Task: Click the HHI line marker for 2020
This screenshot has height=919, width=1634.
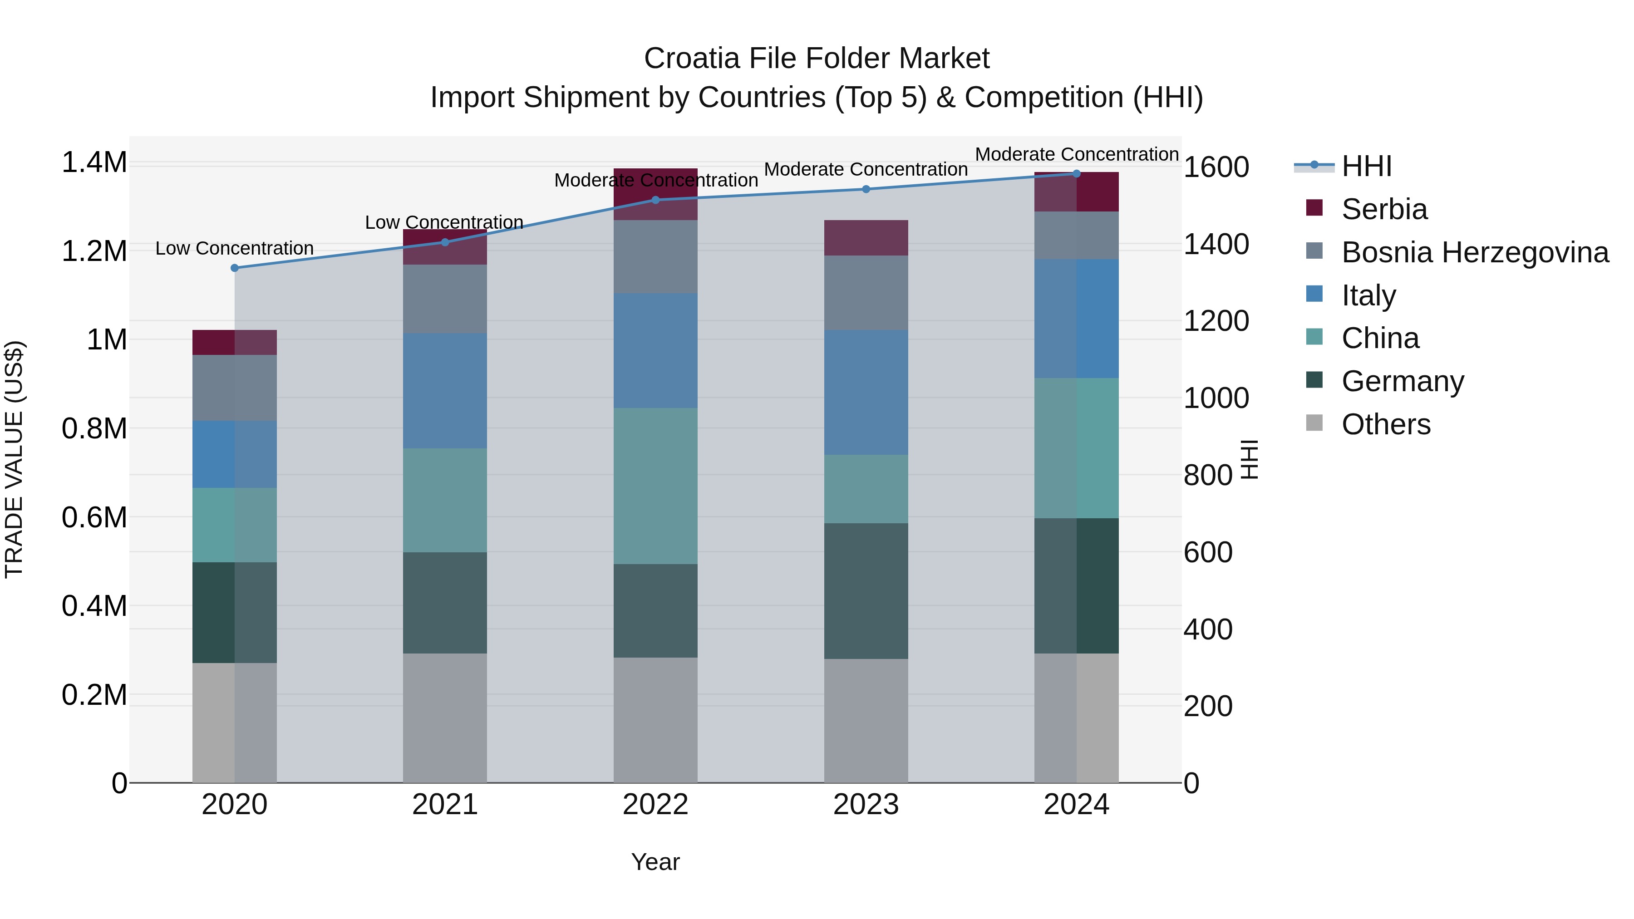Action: coord(235,268)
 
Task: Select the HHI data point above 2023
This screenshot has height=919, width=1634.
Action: coord(866,189)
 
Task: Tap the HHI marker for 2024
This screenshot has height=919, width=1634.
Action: coord(1077,174)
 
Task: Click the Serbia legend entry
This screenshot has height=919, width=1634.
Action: coord(1384,209)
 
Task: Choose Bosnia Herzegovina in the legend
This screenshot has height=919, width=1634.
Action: coord(1475,252)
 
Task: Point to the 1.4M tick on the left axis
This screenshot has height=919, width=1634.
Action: coord(94,163)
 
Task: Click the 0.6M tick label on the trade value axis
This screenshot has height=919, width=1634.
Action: coord(94,517)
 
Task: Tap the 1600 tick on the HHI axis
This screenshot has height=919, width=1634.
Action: coord(1216,167)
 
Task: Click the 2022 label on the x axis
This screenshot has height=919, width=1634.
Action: coord(655,805)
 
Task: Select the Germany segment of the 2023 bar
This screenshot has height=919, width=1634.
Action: coord(866,590)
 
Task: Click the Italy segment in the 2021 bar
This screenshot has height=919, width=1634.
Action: coord(445,391)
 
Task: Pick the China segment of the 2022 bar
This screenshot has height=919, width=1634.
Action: coord(655,486)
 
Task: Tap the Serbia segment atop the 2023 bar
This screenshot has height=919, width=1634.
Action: coord(866,238)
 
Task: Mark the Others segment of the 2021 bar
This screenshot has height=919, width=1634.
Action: coord(445,718)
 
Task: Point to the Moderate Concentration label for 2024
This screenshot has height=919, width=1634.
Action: coord(1077,154)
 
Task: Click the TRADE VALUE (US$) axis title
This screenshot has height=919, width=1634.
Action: coord(14,459)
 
